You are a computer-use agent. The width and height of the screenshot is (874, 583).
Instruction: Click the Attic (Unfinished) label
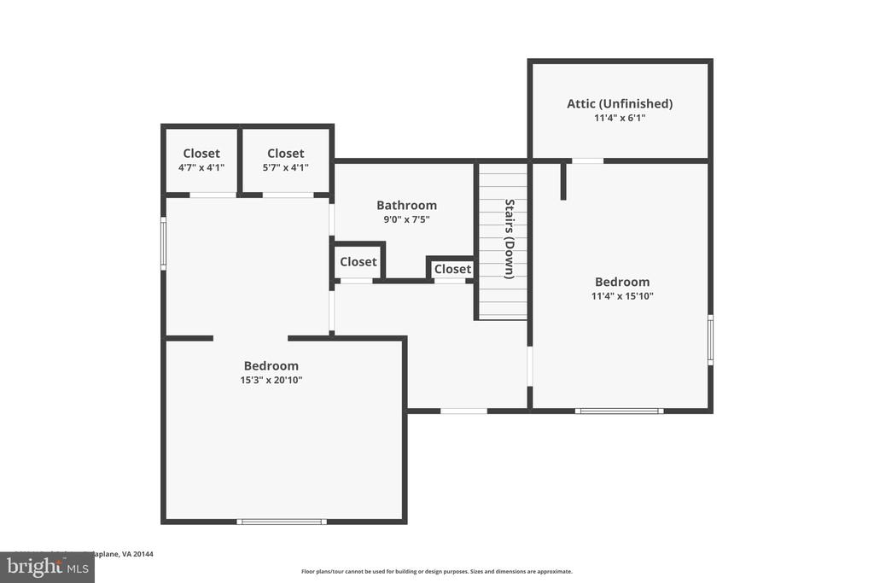pyautogui.click(x=620, y=103)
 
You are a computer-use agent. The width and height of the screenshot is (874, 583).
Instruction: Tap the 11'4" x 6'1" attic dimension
pyautogui.click(x=620, y=119)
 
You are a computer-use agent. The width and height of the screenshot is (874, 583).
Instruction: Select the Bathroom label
pyautogui.click(x=406, y=205)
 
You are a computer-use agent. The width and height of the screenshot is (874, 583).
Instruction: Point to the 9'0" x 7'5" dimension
pyautogui.click(x=406, y=219)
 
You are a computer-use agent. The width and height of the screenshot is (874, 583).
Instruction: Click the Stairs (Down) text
pyautogui.click(x=509, y=239)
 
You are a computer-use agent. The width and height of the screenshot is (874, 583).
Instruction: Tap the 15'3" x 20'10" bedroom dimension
pyautogui.click(x=271, y=381)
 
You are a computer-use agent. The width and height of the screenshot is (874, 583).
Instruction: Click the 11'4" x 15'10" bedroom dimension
pyautogui.click(x=622, y=296)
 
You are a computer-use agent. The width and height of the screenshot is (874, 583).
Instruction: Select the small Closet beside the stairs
pyautogui.click(x=452, y=269)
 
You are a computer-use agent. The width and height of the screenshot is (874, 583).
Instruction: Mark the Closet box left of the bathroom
pyautogui.click(x=358, y=261)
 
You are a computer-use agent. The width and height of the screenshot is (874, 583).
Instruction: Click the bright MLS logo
pyautogui.click(x=47, y=567)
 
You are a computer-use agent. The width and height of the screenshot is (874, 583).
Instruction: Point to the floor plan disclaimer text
pyautogui.click(x=436, y=572)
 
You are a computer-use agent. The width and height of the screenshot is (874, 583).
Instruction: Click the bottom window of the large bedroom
pyautogui.click(x=281, y=521)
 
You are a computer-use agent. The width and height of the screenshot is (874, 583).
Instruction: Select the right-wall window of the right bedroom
pyautogui.click(x=710, y=340)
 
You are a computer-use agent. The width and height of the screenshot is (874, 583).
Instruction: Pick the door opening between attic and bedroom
pyautogui.click(x=587, y=160)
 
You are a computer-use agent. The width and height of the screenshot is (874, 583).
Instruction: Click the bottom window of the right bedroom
pyautogui.click(x=619, y=411)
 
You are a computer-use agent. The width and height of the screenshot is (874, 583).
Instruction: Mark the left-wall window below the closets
pyautogui.click(x=163, y=244)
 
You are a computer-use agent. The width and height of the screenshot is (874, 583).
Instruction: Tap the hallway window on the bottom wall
pyautogui.click(x=463, y=411)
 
